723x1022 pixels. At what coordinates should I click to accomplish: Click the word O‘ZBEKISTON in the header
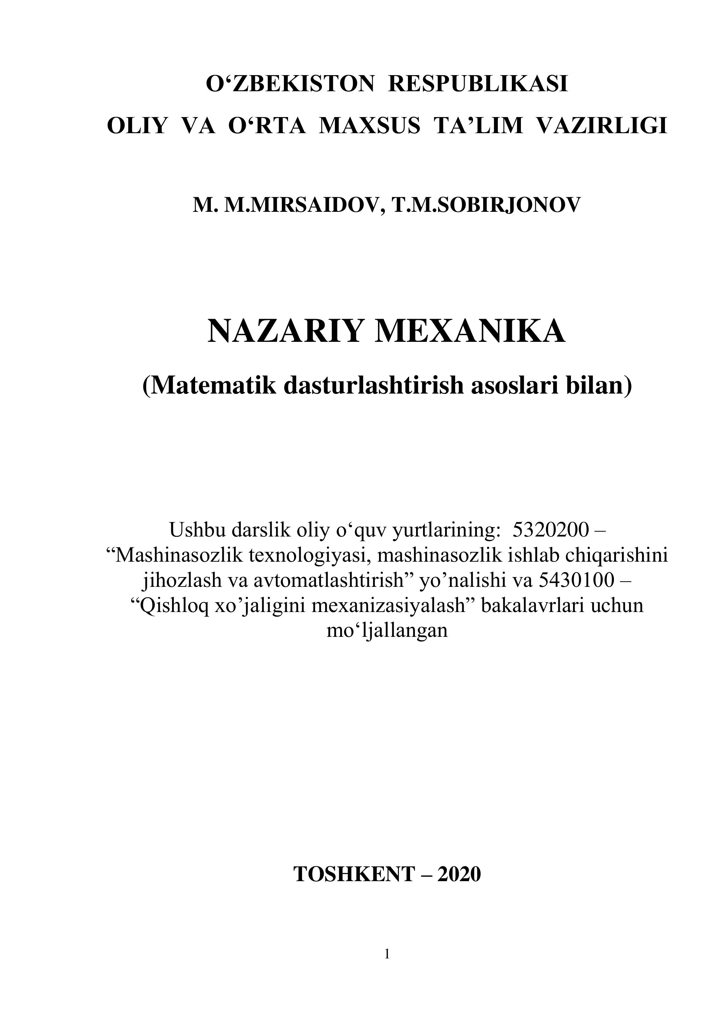point(290,84)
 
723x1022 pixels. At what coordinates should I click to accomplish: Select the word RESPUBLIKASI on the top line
point(478,84)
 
